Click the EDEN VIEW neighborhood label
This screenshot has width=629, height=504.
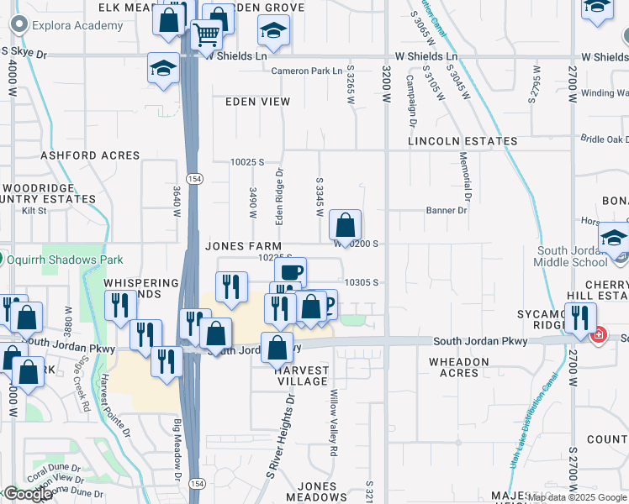pyautogui.click(x=257, y=102)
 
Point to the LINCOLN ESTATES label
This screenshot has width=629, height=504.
pyautogui.click(x=462, y=141)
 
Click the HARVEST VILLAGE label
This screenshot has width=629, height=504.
pyautogui.click(x=303, y=375)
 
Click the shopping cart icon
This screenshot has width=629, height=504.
pyautogui.click(x=206, y=34)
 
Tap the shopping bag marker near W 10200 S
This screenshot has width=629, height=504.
pyautogui.click(x=346, y=226)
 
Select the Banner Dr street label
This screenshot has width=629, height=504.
pyautogui.click(x=446, y=210)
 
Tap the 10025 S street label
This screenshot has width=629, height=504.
pyautogui.click(x=248, y=161)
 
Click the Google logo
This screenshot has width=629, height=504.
pyautogui.click(x=27, y=495)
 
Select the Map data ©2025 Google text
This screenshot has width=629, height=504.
pyautogui.click(x=577, y=497)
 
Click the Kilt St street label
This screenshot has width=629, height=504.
pyautogui.click(x=34, y=211)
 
